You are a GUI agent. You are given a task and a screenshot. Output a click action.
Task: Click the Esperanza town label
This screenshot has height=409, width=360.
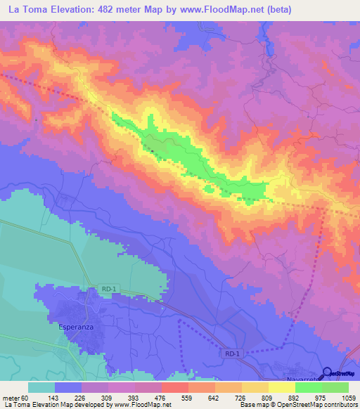coord(72,326)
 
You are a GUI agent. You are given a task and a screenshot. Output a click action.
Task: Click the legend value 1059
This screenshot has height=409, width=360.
coord(348,398)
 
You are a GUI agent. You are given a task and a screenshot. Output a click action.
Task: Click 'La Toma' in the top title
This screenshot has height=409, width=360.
coord(30,10)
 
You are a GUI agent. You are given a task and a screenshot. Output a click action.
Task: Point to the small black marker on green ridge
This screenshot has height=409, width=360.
coord(153,148)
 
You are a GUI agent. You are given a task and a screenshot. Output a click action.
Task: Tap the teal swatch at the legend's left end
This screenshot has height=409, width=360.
coord(41,387)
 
